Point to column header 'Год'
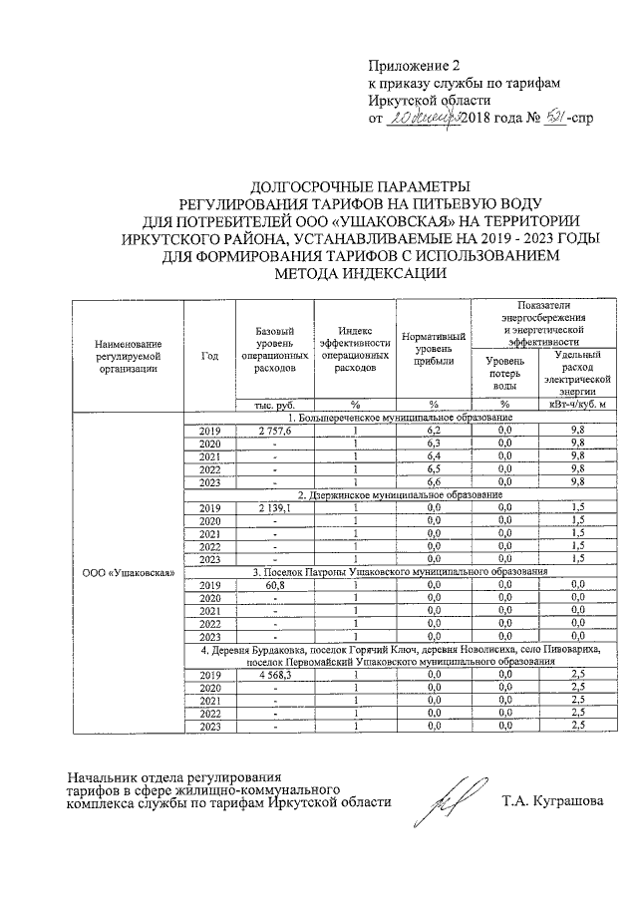pos(209,356)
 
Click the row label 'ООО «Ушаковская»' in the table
pos(127,573)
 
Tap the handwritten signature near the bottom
pos(445,801)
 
